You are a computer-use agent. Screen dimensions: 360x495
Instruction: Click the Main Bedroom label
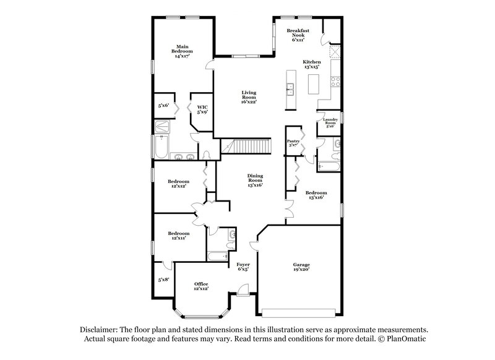tap(182, 51)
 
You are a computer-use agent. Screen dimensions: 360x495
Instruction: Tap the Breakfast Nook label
tap(298, 35)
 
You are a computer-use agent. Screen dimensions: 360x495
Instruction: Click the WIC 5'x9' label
tap(202, 109)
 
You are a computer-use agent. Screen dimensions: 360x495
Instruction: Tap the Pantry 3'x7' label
tap(293, 144)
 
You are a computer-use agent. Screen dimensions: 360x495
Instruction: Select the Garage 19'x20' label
tap(301, 267)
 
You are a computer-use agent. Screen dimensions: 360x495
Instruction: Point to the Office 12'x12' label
tap(201, 285)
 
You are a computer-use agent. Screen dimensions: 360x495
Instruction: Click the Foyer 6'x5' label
tap(243, 267)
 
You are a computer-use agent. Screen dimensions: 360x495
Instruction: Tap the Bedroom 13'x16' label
tap(316, 195)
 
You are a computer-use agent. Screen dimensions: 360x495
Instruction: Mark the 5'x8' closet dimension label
tap(163, 280)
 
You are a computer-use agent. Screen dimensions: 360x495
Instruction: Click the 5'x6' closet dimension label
tap(164, 106)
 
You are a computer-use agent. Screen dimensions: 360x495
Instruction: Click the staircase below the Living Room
tap(248, 147)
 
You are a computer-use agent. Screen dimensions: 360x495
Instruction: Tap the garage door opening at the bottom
tap(301, 310)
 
